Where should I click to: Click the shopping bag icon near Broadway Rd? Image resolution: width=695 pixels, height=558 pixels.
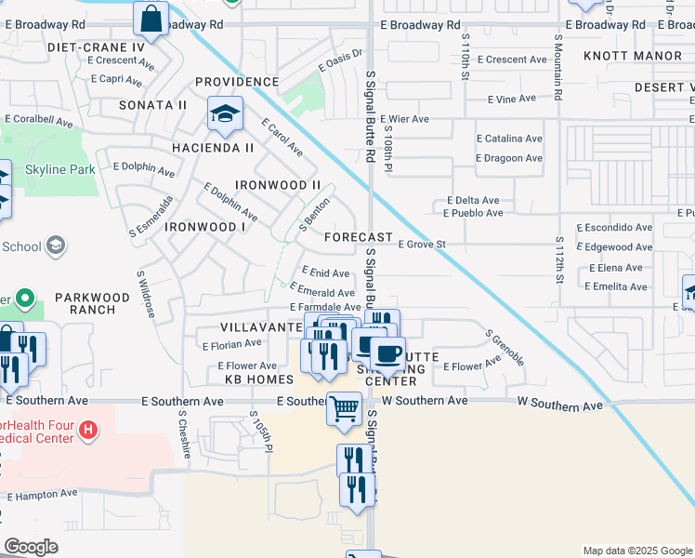click(151, 19)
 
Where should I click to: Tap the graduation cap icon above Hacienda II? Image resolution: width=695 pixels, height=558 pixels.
click(225, 114)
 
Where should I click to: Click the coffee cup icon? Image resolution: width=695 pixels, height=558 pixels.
click(387, 353)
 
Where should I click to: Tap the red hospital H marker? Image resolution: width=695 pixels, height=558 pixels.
click(88, 430)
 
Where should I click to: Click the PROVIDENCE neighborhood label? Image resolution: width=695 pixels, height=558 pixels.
click(237, 82)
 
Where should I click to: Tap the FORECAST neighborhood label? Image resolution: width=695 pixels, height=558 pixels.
click(359, 237)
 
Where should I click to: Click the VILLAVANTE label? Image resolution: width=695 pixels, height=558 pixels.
click(256, 327)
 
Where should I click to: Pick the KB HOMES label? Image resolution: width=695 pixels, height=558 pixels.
click(259, 379)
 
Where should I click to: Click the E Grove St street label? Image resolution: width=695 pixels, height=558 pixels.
click(423, 246)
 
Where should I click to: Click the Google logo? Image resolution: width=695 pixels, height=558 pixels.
click(31, 547)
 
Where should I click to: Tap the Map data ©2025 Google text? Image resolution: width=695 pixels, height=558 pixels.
click(636, 551)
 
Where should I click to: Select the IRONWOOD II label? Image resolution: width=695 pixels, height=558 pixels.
click(278, 185)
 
